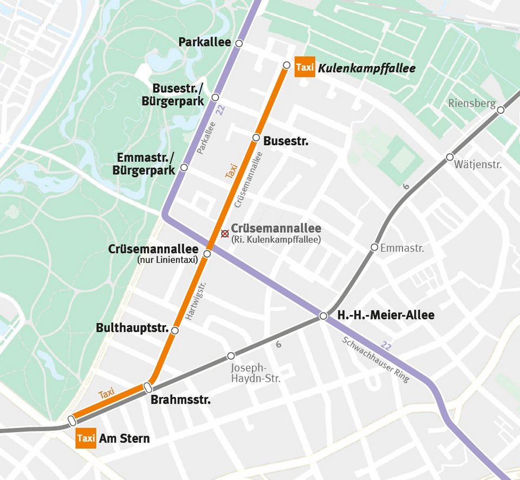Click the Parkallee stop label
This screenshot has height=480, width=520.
pyautogui.click(x=205, y=42)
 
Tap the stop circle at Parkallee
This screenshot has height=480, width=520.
pyautogui.click(x=239, y=43)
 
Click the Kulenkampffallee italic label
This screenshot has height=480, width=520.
pyautogui.click(x=367, y=68)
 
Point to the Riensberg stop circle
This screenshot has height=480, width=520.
pyautogui.click(x=500, y=110)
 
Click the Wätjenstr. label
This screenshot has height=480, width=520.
pyautogui.click(x=478, y=164)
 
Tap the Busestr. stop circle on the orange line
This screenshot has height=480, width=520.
pyautogui.click(x=256, y=138)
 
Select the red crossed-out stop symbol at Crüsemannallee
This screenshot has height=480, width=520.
pyautogui.click(x=225, y=233)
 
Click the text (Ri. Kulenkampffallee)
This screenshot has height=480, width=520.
pyautogui.click(x=276, y=239)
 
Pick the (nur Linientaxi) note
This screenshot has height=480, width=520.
pyautogui.click(x=168, y=261)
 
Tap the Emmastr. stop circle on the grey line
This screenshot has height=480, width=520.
pyautogui.click(x=374, y=248)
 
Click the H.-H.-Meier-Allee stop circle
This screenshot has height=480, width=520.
pyautogui.click(x=323, y=316)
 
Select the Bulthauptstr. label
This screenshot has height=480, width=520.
pyautogui.click(x=132, y=328)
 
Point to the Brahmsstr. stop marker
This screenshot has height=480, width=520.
pyautogui.click(x=147, y=387)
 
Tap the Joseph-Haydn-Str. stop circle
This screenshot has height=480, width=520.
pyautogui.click(x=231, y=356)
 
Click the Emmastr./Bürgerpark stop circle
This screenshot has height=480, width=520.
pyautogui.click(x=184, y=167)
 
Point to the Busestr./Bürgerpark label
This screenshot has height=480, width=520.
pyautogui.click(x=178, y=94)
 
